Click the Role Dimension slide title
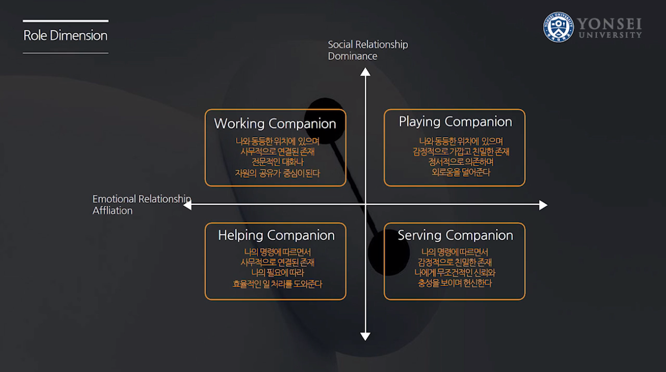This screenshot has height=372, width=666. pos(66,36)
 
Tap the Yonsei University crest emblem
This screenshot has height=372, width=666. pos(559,27)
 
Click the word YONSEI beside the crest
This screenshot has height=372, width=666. pos(609,24)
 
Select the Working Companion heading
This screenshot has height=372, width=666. pos(275,124)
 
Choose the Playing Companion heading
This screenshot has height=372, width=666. pos(455,122)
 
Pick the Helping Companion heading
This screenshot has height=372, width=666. pos(276,235)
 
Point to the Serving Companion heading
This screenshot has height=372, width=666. pos(455,235)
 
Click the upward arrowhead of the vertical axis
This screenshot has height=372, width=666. pos(365,72)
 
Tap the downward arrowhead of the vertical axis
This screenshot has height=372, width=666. pos(365,336)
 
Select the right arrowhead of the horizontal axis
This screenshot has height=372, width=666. pos(543,205)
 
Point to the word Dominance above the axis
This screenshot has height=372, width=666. pos(353,56)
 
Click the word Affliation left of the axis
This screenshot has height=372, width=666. pos(113,211)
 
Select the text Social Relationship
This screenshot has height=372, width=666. pos(368,45)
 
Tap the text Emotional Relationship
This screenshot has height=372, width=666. pos(142,199)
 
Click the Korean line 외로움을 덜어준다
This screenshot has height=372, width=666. pos(461,173)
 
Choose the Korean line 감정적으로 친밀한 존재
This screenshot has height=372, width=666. pos(455,262)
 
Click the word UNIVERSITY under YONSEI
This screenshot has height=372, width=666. pos(610,35)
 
